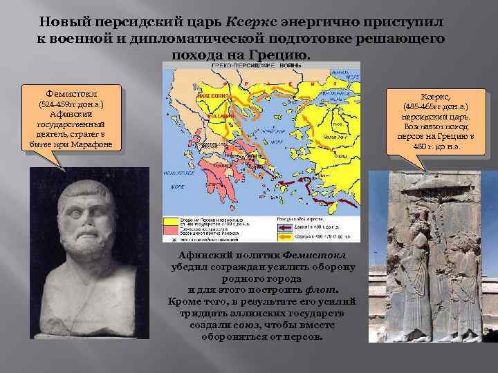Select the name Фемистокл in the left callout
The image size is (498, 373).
pyautogui.click(x=72, y=93)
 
